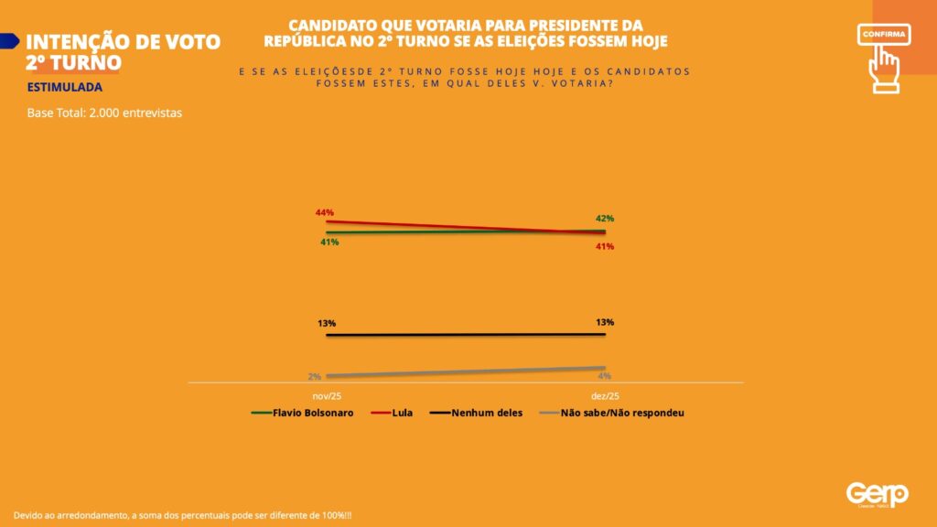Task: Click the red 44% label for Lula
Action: (x=324, y=212)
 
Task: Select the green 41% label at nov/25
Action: (x=329, y=242)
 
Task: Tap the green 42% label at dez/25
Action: (x=604, y=219)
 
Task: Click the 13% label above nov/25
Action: (x=328, y=323)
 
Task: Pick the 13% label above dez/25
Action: (x=604, y=322)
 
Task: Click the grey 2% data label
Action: (x=314, y=376)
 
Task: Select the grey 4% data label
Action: (x=604, y=376)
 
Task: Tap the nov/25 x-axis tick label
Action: (x=327, y=395)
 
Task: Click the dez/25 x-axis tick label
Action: (x=604, y=395)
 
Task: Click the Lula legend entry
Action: (x=395, y=413)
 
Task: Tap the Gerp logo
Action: (x=877, y=494)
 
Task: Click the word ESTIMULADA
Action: (x=65, y=88)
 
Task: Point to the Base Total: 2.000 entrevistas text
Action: (x=105, y=113)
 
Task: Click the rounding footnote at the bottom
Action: (x=183, y=516)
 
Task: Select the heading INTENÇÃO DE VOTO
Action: (x=124, y=42)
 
